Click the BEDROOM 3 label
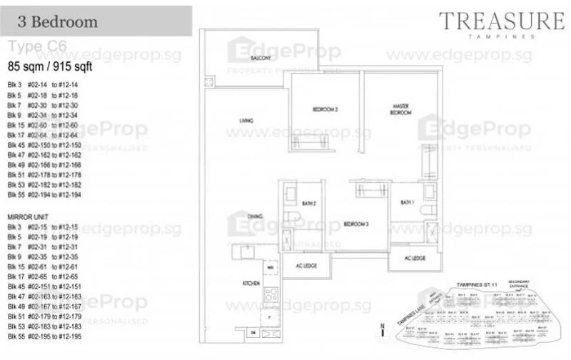tap(355, 224)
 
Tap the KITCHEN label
tap(251, 284)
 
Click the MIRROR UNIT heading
tap(27, 215)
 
